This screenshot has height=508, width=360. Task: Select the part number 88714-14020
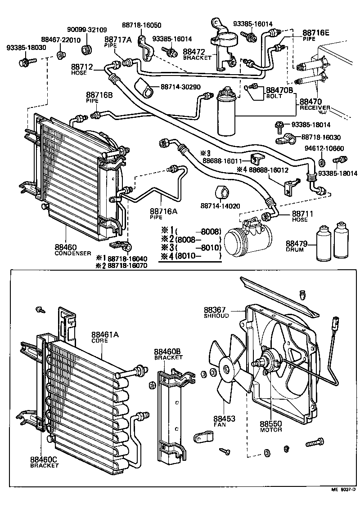click(220, 206)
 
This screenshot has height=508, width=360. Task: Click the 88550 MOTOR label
click(270, 426)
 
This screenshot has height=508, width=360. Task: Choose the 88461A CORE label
click(105, 337)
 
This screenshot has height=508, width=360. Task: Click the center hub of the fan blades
click(226, 370)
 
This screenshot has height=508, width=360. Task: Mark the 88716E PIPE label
click(315, 35)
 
